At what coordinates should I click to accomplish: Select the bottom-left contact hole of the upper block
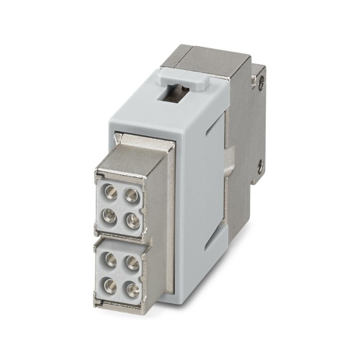click(x=110, y=213)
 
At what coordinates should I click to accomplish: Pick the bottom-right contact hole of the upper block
click(x=132, y=220)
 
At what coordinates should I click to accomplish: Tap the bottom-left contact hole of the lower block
click(x=110, y=284)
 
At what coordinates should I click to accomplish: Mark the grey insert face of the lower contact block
click(x=121, y=274)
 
